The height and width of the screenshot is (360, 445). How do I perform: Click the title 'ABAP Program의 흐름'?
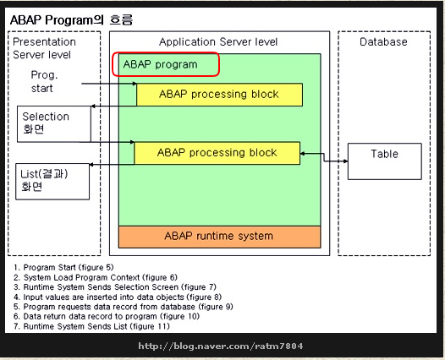[71, 20]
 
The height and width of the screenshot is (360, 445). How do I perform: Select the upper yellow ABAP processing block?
[219, 95]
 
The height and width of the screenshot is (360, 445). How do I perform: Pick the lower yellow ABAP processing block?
[217, 153]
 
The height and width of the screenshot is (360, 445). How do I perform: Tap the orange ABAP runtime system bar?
[219, 237]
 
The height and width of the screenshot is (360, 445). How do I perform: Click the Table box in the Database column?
[385, 161]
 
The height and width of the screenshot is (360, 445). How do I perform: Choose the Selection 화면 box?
[54, 124]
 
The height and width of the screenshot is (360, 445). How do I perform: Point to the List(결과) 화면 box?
[52, 182]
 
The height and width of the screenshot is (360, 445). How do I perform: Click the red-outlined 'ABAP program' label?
[166, 64]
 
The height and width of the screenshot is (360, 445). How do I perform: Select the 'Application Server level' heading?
[218, 42]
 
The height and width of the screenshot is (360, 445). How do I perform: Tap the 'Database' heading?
[383, 42]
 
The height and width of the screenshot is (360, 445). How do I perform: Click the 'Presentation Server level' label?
[44, 48]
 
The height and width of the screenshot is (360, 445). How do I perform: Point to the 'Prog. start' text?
[44, 82]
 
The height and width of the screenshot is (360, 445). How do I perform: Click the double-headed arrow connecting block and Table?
[324, 157]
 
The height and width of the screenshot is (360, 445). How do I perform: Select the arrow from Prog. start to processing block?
[109, 84]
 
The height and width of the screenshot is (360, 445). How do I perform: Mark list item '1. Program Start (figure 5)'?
[63, 267]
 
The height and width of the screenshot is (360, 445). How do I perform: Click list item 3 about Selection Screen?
[115, 287]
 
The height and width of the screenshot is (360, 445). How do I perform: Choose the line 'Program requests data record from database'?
[124, 307]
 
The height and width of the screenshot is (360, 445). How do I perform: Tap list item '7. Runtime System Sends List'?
[91, 326]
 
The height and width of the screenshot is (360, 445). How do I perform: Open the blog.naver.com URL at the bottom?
[221, 346]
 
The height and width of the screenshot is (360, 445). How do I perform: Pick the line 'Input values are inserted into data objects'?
[118, 297]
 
